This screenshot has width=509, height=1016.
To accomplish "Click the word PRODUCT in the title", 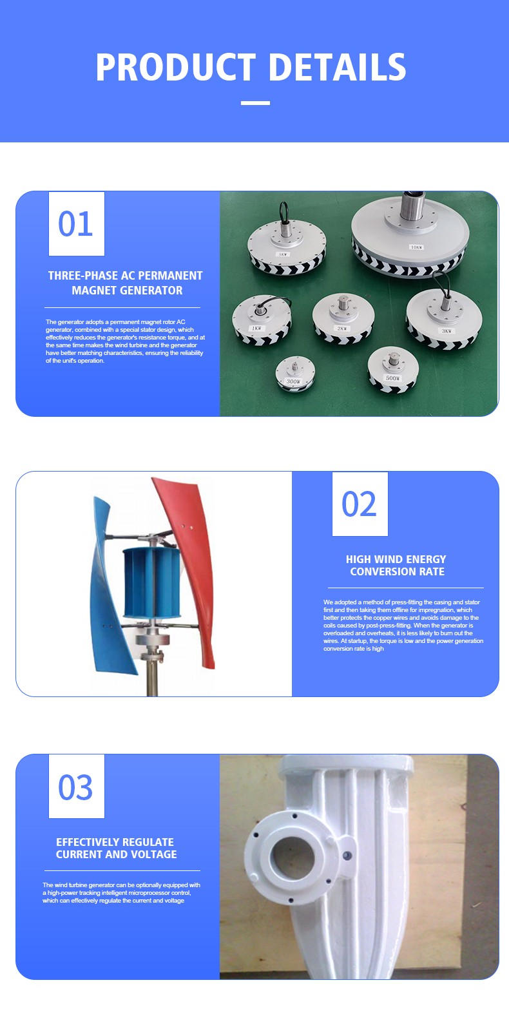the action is pos(175,67).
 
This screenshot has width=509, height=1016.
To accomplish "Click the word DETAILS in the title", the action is pos(338,67).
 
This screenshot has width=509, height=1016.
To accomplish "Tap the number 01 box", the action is pos(76,224).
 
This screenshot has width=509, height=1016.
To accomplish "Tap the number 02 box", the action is pos(360,504).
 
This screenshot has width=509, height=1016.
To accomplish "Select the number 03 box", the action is pos(76,786).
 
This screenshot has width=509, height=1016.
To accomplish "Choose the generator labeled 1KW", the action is pos(262,320).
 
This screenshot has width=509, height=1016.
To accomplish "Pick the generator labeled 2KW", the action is pos(343,318).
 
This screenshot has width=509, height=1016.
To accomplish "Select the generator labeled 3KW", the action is pos(444,318).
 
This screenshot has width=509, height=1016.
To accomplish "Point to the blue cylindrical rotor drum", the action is pos(151,582).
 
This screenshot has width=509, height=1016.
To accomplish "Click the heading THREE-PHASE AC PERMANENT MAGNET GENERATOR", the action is pos(126,283).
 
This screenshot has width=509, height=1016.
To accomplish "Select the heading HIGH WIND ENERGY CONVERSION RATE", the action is pos(396,565).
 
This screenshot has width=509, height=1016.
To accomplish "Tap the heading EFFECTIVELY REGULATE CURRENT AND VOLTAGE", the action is pos(116,848).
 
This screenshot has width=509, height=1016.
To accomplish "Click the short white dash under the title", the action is pos(255,103).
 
